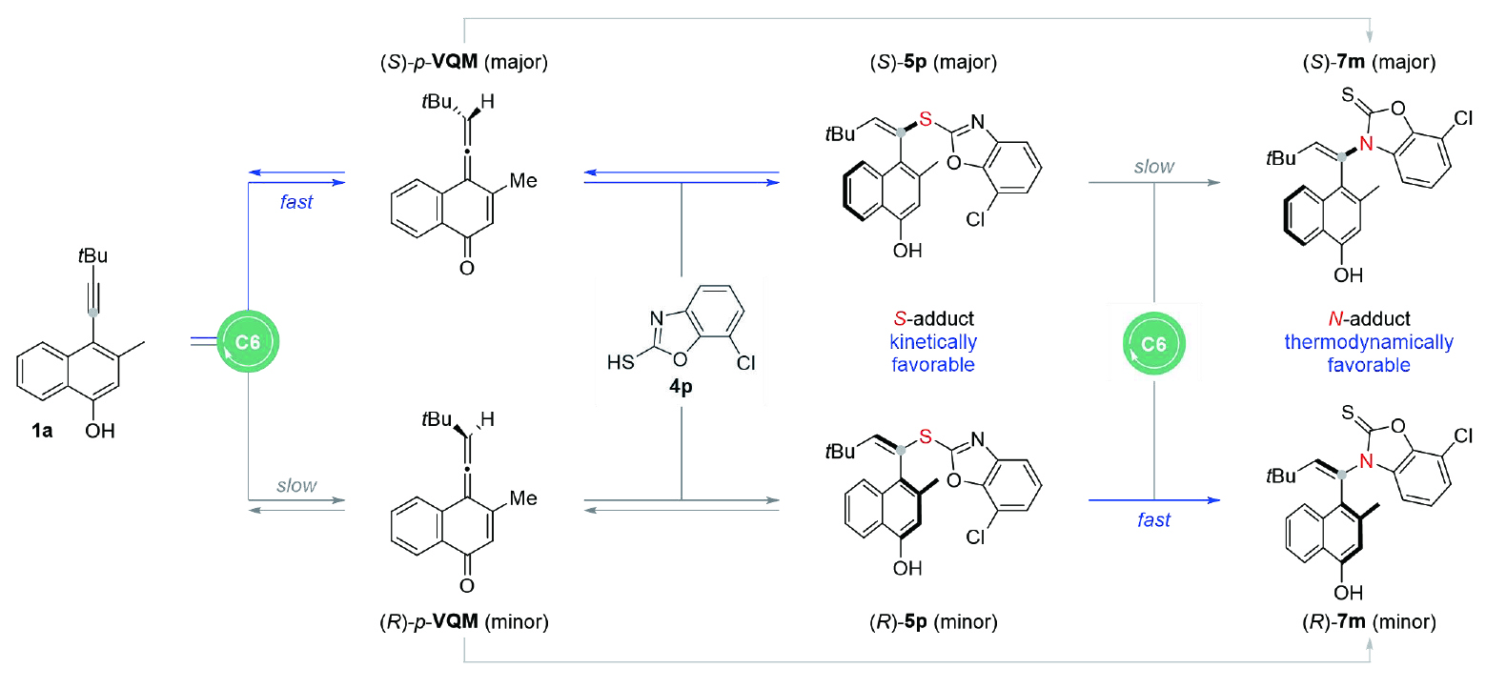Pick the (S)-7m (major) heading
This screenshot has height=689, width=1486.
click(1372, 65)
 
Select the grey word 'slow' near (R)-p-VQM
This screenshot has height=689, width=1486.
click(296, 486)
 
